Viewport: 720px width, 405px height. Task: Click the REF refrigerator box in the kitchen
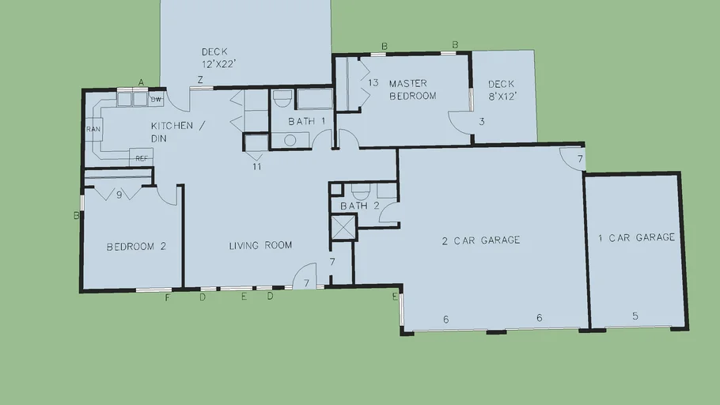[141, 157]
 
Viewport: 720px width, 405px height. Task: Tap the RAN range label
[93, 129]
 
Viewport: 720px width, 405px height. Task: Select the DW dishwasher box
[156, 99]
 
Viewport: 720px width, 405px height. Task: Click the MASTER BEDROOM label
[413, 89]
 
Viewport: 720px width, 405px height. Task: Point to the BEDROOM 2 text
[136, 247]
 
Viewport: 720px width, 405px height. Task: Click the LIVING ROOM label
[260, 246]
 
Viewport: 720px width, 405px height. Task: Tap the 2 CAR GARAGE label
[481, 240]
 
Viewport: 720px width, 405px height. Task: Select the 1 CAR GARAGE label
[636, 237]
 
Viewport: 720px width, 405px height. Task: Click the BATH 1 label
[307, 121]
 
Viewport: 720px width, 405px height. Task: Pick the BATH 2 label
[360, 206]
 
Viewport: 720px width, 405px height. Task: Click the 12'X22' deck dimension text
[219, 64]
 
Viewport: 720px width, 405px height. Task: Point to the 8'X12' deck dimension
[502, 97]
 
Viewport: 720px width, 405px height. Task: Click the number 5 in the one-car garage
[635, 316]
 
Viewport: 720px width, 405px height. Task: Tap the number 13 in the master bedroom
[373, 82]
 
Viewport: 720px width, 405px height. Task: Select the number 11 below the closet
[256, 167]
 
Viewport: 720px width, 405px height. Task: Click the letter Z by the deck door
[200, 80]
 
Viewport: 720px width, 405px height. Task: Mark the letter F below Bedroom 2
[168, 298]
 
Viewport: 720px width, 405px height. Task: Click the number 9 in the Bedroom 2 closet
[119, 195]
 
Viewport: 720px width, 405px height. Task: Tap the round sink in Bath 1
[290, 140]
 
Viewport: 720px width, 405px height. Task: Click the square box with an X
[344, 228]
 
